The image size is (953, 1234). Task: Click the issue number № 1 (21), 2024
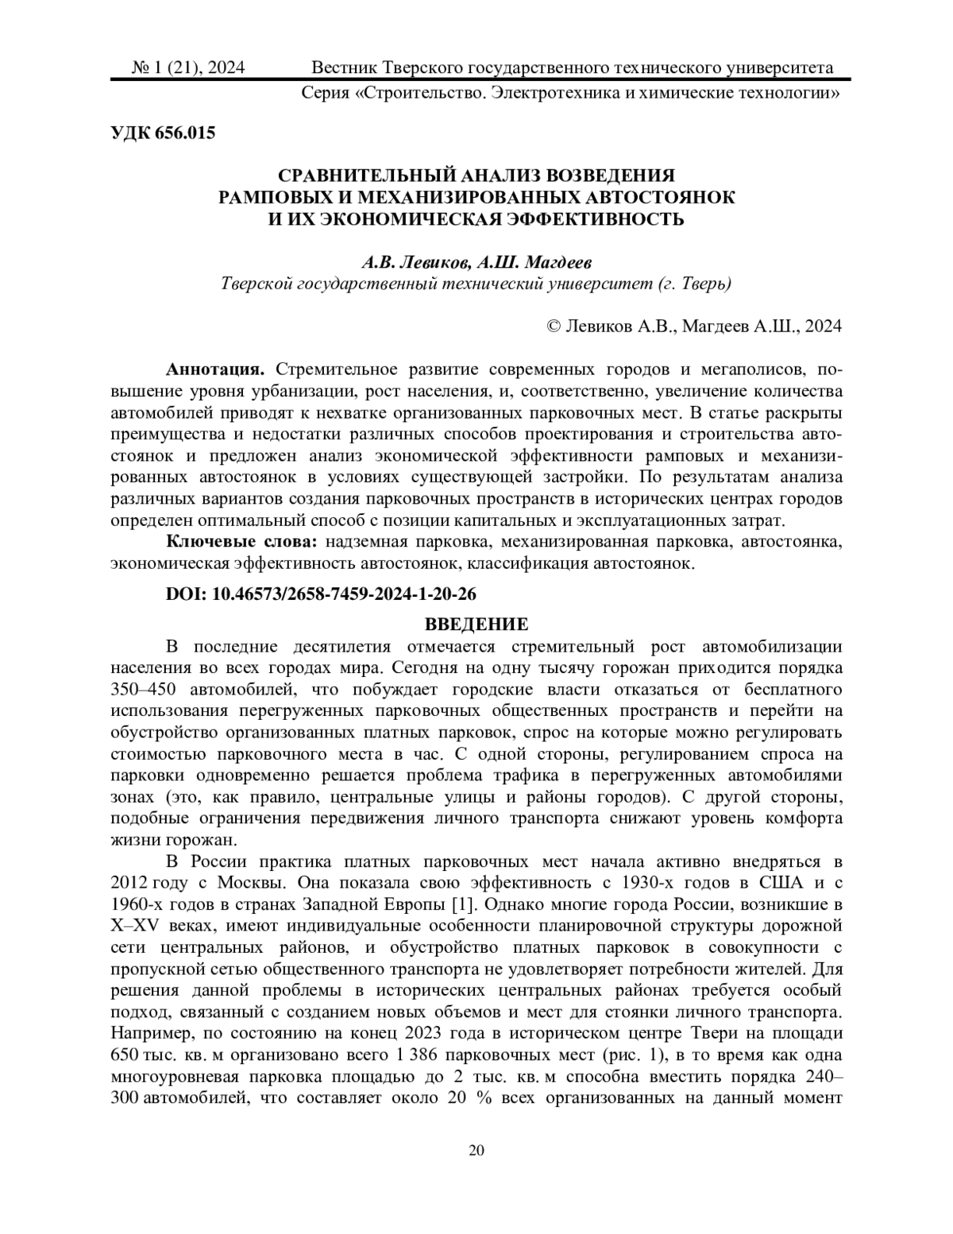click(188, 68)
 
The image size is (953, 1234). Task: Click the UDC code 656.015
click(162, 133)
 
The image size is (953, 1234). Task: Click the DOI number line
click(321, 594)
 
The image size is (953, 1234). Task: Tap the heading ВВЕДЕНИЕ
click(476, 624)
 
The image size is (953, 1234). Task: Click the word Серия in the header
click(326, 93)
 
